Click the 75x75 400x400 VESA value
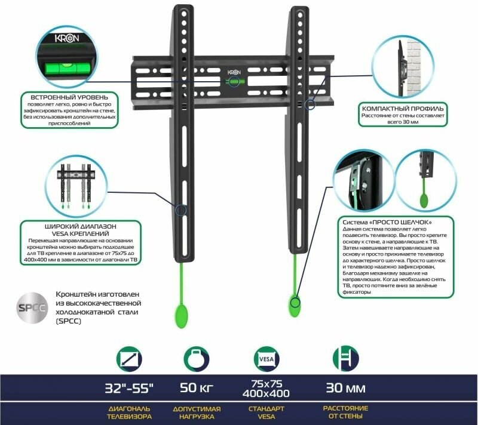point(263,389)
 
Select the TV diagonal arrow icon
point(129,359)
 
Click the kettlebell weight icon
point(197,359)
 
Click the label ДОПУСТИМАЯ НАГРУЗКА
point(197,412)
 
